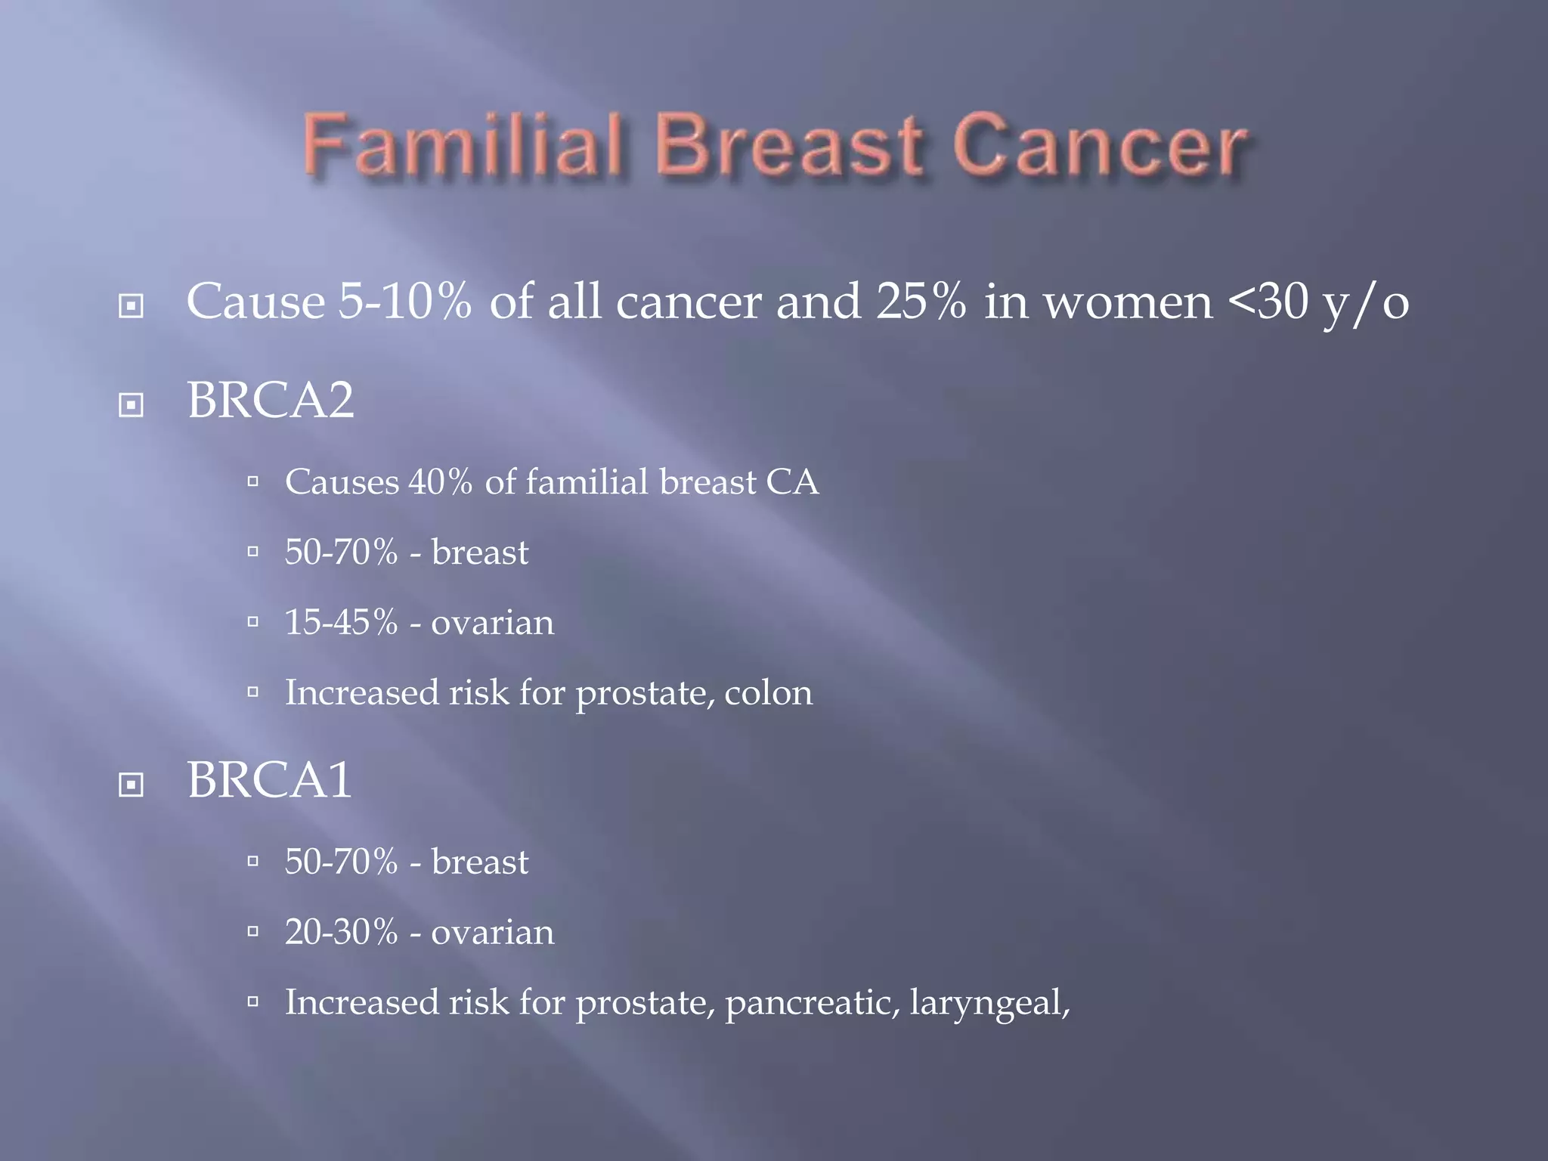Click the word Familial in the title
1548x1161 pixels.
[463, 144]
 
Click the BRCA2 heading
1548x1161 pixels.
[270, 400]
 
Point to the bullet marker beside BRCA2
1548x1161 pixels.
[132, 405]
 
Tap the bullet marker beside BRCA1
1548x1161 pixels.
[132, 785]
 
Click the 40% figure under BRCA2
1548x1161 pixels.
[440, 481]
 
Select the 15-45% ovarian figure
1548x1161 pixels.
[341, 622]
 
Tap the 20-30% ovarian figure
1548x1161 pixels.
[341, 932]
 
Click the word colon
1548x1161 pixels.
[768, 693]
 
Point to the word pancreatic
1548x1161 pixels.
[812, 1003]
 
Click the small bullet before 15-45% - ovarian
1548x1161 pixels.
[253, 622]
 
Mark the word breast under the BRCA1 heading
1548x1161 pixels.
[479, 862]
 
